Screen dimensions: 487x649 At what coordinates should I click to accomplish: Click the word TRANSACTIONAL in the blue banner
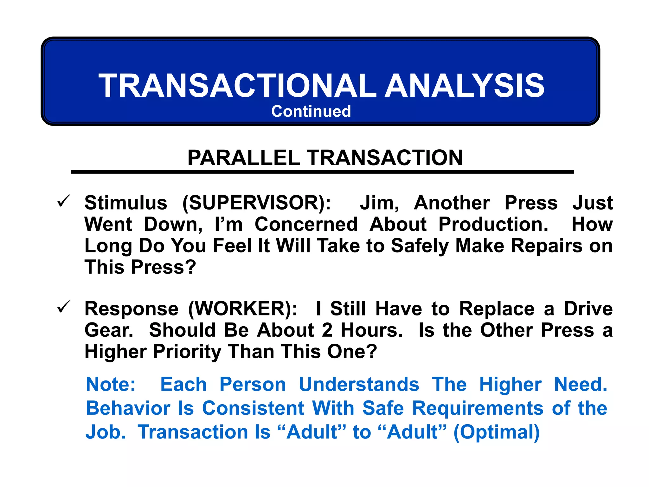(237, 86)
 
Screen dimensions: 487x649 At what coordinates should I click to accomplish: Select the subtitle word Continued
(311, 112)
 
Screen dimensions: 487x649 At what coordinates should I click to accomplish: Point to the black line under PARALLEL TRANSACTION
(322, 172)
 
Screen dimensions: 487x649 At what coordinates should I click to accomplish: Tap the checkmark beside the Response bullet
(63, 307)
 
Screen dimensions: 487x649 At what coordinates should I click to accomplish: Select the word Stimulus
(126, 203)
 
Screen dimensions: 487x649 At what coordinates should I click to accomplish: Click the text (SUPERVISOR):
(257, 203)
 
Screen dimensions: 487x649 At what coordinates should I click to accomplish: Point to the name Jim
(379, 203)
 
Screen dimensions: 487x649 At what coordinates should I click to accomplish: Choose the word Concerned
(306, 224)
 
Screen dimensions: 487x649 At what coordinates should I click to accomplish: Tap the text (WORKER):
(243, 309)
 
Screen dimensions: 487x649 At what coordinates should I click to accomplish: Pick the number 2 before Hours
(327, 330)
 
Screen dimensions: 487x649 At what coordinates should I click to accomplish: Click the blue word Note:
(111, 385)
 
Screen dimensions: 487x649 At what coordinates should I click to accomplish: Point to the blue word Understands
(359, 385)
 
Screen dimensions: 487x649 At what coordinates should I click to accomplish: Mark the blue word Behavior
(128, 408)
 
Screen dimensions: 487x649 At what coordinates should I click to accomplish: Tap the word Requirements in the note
(478, 408)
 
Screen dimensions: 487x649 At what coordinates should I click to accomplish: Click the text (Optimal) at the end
(497, 432)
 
